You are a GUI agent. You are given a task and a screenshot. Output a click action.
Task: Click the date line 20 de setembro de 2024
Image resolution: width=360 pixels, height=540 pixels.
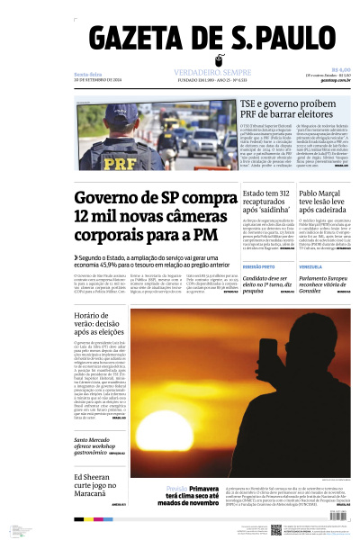pyautogui.click(x=98, y=79)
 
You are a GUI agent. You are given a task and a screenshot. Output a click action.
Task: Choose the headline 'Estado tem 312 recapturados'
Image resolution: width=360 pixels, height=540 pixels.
pyautogui.click(x=265, y=205)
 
